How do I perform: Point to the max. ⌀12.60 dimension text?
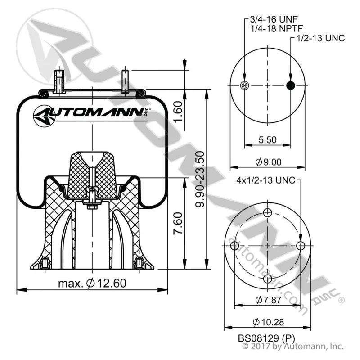(92, 283)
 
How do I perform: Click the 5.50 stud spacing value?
(267, 140)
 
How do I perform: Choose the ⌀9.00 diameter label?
(268, 162)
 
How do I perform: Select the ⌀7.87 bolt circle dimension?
(268, 300)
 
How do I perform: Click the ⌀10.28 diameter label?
(268, 322)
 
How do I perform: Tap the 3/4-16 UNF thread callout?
(274, 19)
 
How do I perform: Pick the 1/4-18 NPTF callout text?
(277, 28)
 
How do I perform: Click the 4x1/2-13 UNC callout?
(265, 180)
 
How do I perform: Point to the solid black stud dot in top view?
(291, 85)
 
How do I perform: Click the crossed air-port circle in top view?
(244, 85)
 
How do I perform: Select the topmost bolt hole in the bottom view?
(268, 212)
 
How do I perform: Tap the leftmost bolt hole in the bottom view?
(234, 246)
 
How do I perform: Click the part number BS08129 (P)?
(266, 338)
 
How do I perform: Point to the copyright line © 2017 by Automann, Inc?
(293, 346)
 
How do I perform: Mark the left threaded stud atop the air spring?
(59, 81)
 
